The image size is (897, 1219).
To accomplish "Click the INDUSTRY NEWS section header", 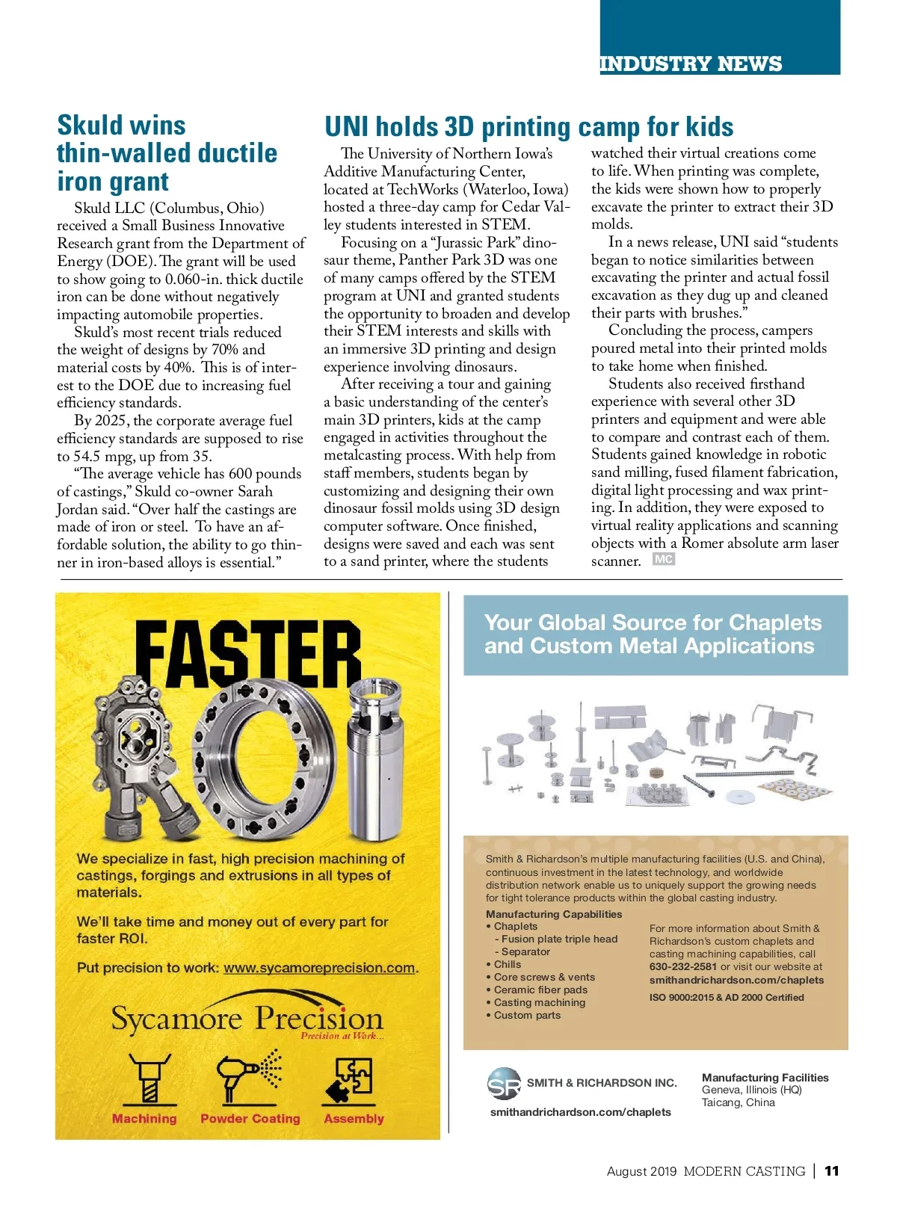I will pos(691,64).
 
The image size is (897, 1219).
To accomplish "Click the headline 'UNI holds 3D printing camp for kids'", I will pos(528,127).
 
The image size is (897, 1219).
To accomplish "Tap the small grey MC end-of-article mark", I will pos(663,559).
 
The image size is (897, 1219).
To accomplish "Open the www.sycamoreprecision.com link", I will pos(319,968).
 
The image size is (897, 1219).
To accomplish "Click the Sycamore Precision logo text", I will pos(247,1019).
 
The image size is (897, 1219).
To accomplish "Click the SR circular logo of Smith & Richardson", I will pos(504,1084).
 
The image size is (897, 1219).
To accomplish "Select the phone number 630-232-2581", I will pos(683,966).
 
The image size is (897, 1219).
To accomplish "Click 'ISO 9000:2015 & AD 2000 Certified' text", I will pos(727,997).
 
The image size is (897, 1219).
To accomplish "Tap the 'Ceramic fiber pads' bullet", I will pos(540,990).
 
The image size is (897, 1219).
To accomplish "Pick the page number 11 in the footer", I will pos(831,1171).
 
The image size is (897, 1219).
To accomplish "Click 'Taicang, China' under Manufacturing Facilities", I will pos(738,1102).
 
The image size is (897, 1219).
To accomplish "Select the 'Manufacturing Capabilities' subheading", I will pos(554,914).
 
